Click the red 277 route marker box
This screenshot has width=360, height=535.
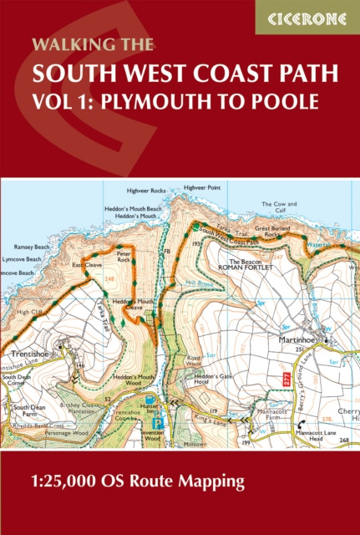coord(286,379)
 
